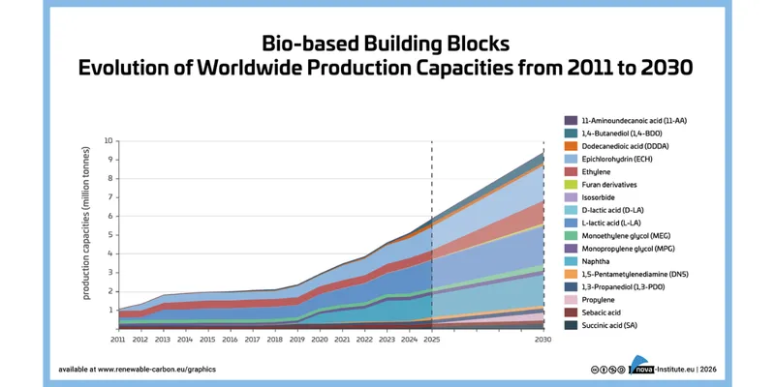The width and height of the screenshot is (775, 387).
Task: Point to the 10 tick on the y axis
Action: point(108,140)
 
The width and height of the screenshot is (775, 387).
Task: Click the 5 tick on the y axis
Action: point(109,235)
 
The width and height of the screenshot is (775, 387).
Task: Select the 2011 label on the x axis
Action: point(117,340)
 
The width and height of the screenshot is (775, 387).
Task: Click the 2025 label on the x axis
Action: point(431,340)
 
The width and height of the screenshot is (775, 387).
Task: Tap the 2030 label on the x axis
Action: point(543,340)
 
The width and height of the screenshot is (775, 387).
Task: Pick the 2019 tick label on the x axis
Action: point(296,340)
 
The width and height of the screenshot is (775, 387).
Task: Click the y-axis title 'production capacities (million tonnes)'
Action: point(88,235)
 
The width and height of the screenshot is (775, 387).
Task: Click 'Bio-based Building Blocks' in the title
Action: point(387,45)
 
